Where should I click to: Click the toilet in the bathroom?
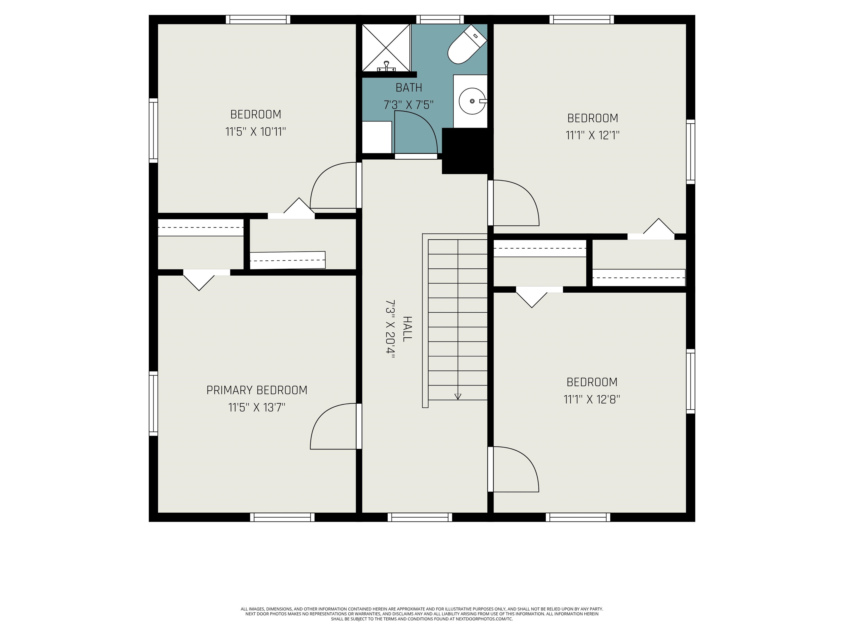click(x=467, y=44)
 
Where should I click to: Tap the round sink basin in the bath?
click(x=472, y=101)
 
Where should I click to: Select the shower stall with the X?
click(x=386, y=48)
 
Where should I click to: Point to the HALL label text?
click(x=407, y=329)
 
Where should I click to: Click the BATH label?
click(x=409, y=88)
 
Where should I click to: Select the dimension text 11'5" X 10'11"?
click(x=256, y=132)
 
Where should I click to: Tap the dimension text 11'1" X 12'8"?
click(x=592, y=399)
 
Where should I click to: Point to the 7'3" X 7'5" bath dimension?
click(x=409, y=105)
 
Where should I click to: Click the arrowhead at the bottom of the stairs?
click(x=458, y=396)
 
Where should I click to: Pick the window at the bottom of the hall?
click(x=420, y=517)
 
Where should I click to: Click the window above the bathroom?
click(x=440, y=20)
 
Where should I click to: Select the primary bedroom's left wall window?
click(x=153, y=403)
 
